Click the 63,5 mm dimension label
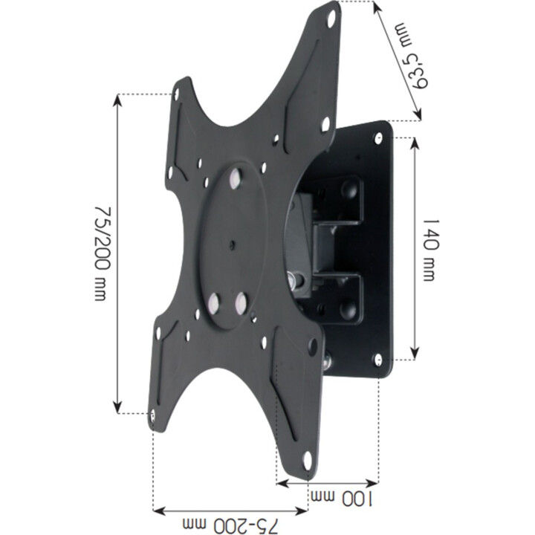(412, 55)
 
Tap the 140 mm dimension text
(429, 250)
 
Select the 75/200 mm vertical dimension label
(102, 253)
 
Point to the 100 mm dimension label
(342, 499)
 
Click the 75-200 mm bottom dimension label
(230, 527)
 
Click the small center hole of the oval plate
(232, 244)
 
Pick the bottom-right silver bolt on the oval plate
(241, 302)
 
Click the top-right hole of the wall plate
(379, 138)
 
